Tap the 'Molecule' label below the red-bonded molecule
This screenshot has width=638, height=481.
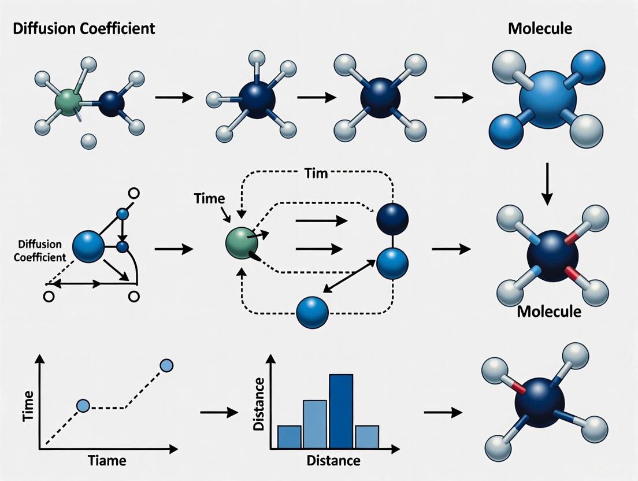pyautogui.click(x=549, y=312)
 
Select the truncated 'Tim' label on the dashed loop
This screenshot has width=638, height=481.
pyautogui.click(x=316, y=173)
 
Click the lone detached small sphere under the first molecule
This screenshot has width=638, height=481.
pyautogui.click(x=88, y=140)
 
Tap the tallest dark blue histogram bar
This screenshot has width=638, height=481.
pyautogui.click(x=341, y=412)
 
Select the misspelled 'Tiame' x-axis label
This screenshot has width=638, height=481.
pyautogui.click(x=107, y=461)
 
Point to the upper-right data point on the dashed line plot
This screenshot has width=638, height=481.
pyautogui.click(x=166, y=365)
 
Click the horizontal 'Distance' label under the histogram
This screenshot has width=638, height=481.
pyautogui.click(x=333, y=461)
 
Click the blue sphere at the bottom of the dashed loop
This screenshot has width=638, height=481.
pyautogui.click(x=312, y=313)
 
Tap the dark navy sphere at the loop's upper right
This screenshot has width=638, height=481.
pyautogui.click(x=392, y=219)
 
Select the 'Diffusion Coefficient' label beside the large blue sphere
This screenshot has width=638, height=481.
pyautogui.click(x=40, y=250)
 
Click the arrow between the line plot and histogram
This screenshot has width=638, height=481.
pyautogui.click(x=219, y=412)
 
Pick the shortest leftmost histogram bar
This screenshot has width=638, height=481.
pyautogui.click(x=289, y=437)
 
